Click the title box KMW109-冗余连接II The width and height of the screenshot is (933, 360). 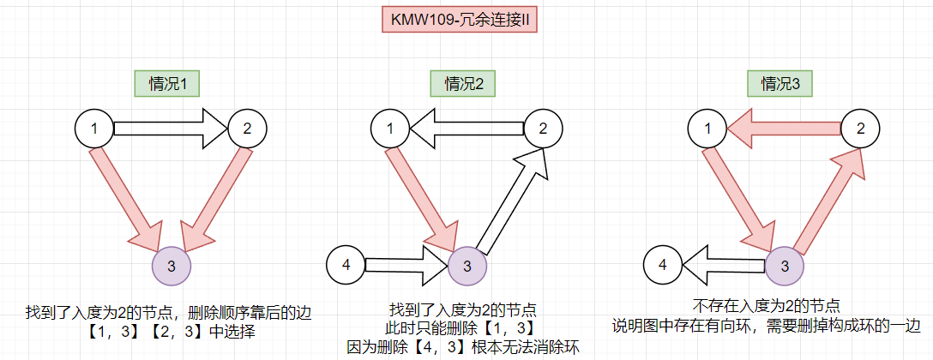click(x=459, y=19)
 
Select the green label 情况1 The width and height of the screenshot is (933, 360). click(x=167, y=83)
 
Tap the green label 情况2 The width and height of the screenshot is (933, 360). click(x=463, y=83)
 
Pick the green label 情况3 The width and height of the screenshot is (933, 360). click(x=780, y=83)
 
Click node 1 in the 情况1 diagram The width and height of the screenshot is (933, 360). click(x=94, y=129)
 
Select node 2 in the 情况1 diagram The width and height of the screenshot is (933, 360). click(x=247, y=129)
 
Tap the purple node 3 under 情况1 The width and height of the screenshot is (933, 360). click(x=172, y=265)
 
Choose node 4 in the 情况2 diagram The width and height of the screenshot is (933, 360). click(x=346, y=265)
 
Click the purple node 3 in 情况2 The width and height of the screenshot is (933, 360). click(x=467, y=265)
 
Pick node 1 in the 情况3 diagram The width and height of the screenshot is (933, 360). click(x=708, y=129)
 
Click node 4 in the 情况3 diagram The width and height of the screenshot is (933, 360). click(x=663, y=265)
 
